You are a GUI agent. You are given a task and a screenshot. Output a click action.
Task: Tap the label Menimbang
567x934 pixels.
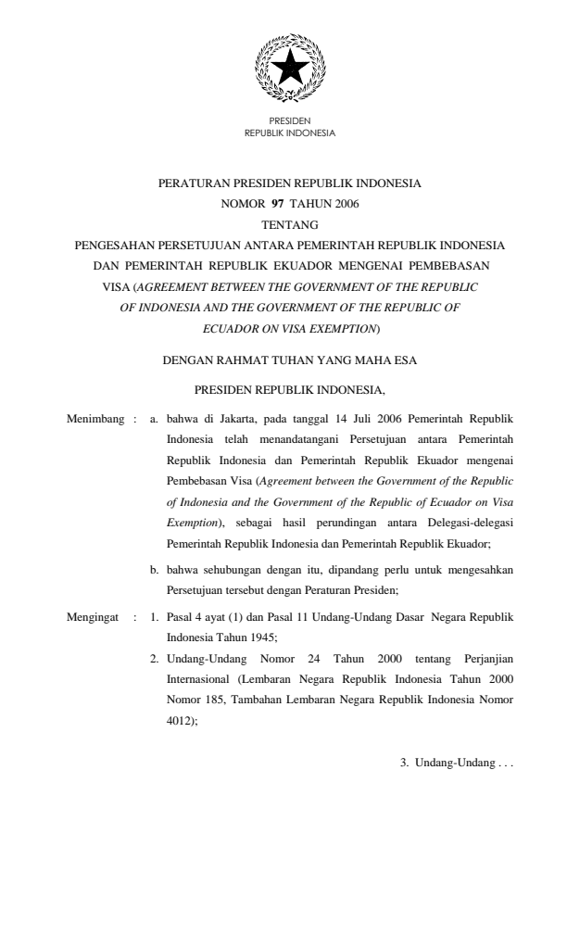point(96,420)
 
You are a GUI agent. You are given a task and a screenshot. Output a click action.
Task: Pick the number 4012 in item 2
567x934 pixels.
point(181,719)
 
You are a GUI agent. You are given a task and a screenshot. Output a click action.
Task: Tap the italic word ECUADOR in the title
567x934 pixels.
point(232,326)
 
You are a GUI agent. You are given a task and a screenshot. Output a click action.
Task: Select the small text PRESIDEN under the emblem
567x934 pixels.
point(289,121)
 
